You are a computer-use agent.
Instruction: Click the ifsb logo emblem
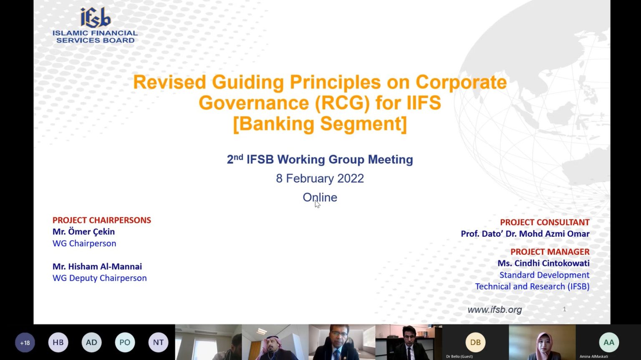(95, 18)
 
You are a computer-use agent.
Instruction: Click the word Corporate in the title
(461, 82)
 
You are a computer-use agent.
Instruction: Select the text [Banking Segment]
(320, 124)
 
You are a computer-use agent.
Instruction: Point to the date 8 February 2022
(320, 178)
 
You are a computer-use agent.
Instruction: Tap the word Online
(320, 197)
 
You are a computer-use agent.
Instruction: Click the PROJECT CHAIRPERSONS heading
(101, 220)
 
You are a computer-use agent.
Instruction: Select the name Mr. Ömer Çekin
(83, 232)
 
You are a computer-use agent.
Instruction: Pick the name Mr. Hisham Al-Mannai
(97, 266)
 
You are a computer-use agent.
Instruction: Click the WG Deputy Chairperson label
(100, 278)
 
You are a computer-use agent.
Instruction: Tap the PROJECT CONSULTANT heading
(545, 222)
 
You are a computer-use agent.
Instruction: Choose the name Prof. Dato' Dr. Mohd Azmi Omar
(525, 234)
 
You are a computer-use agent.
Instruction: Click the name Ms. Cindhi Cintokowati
(543, 263)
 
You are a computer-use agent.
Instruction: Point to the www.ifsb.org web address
(495, 309)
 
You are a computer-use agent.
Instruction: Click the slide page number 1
(564, 309)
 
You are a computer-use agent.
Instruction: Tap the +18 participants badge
(25, 342)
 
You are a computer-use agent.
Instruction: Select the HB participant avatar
(58, 342)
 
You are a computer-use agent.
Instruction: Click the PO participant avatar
(125, 342)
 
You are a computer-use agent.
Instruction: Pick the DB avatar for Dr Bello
(475, 342)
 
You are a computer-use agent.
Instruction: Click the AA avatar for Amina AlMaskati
(609, 342)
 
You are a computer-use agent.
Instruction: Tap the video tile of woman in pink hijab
(542, 342)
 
